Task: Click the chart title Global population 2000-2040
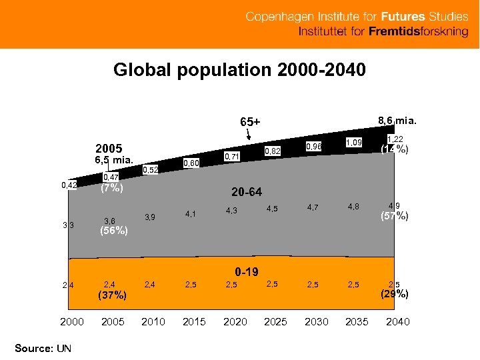(x=239, y=70)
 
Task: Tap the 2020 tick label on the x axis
(x=235, y=322)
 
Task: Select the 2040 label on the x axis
(x=397, y=322)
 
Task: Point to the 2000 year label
(x=72, y=322)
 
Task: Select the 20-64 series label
(x=247, y=193)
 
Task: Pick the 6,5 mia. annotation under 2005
(x=114, y=160)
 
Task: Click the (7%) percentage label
(x=111, y=188)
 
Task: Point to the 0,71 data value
(x=232, y=156)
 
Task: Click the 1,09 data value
(x=354, y=142)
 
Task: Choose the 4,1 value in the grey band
(x=191, y=214)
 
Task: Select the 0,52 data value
(x=151, y=170)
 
